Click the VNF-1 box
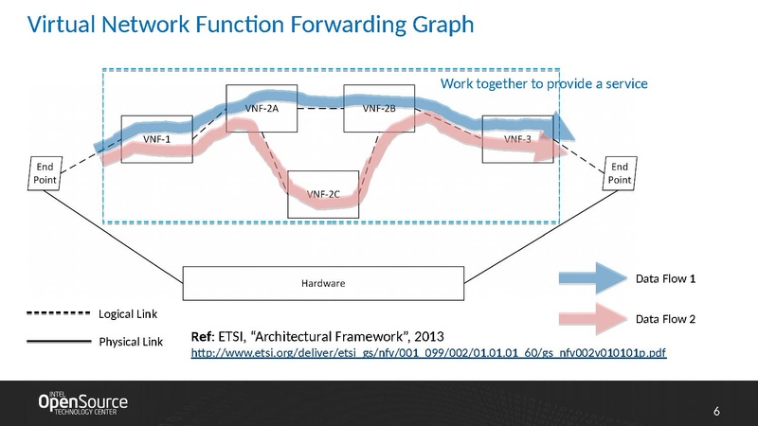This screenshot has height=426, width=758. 155,138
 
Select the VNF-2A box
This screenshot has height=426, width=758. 261,108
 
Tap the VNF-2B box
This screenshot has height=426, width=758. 378,108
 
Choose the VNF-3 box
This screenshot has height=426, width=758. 516,138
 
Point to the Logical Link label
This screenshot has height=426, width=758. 128,313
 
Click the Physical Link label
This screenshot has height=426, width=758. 130,341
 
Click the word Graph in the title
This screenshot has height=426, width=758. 435,25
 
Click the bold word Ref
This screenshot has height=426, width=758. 202,336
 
